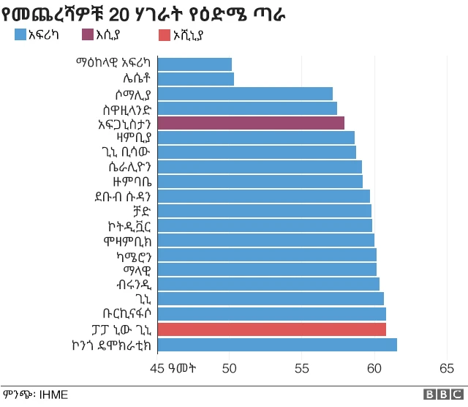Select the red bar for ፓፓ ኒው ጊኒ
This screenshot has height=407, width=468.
[x=271, y=329]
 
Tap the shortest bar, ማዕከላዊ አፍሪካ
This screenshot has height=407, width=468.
[x=195, y=64]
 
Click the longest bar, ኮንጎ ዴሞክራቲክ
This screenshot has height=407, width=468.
[x=277, y=345]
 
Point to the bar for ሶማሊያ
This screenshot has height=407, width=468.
[x=245, y=94]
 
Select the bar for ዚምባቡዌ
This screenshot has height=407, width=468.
[x=260, y=182]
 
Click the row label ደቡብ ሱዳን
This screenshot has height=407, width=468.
[x=122, y=196]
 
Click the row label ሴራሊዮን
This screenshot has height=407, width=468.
[x=126, y=167]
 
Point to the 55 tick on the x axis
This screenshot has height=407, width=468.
[x=302, y=368]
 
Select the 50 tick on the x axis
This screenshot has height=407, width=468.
[x=230, y=368]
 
